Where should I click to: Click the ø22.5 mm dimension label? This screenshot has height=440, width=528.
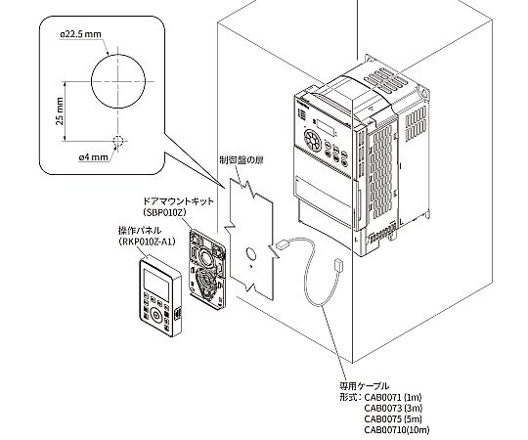tap(80, 33)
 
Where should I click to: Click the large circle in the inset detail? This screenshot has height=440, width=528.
tap(116, 82)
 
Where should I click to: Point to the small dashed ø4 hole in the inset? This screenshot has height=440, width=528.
tap(117, 139)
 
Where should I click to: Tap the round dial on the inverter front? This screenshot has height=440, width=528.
tap(313, 139)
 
